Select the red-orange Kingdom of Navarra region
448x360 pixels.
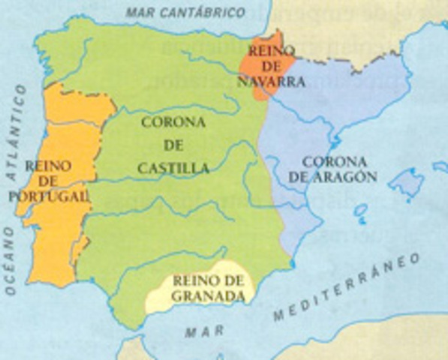click(260, 60)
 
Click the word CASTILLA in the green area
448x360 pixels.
click(173, 169)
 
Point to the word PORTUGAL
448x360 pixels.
click(50, 196)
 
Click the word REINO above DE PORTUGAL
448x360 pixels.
click(47, 166)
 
